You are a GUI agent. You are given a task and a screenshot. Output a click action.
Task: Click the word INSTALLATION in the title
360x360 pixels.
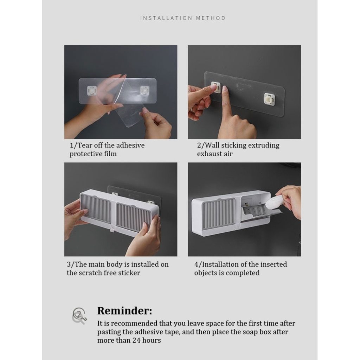click(166, 18)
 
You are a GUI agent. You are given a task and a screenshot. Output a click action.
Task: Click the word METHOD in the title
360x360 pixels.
click(211, 18)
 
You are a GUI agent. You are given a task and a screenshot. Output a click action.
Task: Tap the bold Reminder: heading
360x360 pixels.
click(125, 311)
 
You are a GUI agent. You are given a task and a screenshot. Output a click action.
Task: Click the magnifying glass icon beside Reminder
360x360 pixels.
click(79, 316)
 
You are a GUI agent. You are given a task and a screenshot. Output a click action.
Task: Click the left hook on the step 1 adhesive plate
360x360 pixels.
click(92, 91)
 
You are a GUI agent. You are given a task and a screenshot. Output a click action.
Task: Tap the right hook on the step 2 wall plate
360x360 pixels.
click(270, 99)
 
